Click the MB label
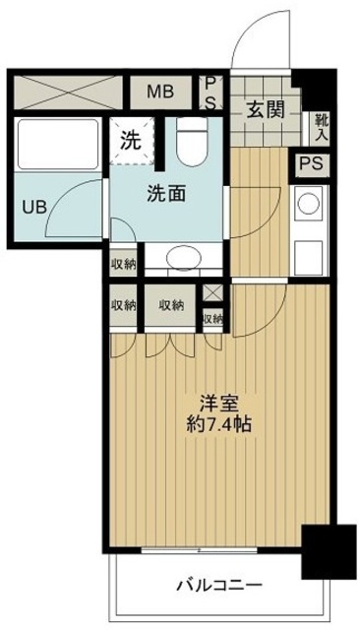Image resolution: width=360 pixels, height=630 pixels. pos(160,94)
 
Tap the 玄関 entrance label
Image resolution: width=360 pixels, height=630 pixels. pos(266,110)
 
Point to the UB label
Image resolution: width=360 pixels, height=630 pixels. pos(33,208)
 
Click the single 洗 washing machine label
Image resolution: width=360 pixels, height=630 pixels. pos(129,139)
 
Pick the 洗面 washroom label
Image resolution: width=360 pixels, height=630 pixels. pos(167,194)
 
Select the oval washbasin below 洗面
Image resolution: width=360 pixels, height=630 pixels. pos(182,257)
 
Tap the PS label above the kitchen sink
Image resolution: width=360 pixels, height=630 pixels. pos(311,164)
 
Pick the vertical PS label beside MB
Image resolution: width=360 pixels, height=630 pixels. pos(210,94)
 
